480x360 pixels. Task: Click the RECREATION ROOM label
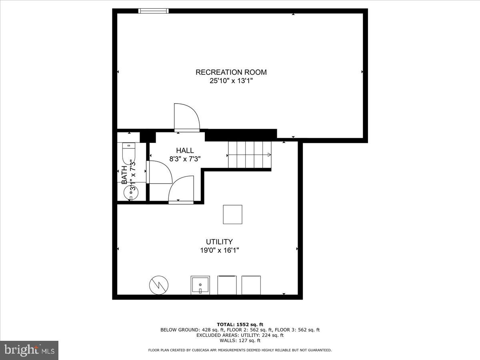[231, 72]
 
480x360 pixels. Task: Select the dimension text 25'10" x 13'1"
[231, 81]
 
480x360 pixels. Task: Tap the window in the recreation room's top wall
[153, 11]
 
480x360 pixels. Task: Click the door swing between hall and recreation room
[186, 117]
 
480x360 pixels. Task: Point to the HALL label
[185, 150]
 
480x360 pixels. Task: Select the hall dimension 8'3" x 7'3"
[185, 158]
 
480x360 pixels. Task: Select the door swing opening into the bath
[159, 172]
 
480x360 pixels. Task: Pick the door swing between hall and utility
[182, 190]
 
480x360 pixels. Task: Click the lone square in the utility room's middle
[232, 214]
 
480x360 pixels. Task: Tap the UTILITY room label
[219, 242]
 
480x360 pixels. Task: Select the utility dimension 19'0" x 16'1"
[219, 250]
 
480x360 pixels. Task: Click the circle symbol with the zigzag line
[159, 285]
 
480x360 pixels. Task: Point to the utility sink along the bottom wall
[200, 285]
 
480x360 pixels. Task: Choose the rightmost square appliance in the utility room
[251, 285]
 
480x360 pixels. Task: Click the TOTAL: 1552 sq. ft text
[240, 324]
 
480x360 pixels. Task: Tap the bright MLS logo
[29, 350]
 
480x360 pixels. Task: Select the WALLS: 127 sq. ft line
[240, 341]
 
